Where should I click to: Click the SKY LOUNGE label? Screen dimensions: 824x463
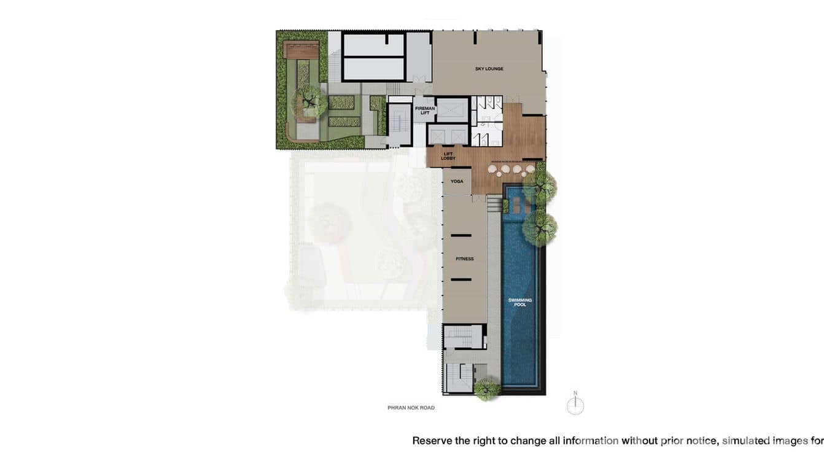coord(489,69)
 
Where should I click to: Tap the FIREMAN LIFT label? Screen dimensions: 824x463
coord(425,111)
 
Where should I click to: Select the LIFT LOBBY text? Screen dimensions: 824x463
coord(448,156)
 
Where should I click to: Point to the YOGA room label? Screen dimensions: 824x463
coord(457,181)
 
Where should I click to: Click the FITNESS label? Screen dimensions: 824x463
coord(465,259)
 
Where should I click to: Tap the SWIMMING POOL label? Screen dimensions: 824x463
coord(520,302)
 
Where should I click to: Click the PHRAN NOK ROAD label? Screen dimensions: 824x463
coord(411,408)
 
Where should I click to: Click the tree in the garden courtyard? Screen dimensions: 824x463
coord(309,101)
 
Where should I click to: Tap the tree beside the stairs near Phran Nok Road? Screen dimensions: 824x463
coord(487,389)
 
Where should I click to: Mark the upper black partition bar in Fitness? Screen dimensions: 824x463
coord(461,235)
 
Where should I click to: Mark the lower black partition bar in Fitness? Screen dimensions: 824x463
coord(461,280)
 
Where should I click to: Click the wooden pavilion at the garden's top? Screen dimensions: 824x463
coord(301,50)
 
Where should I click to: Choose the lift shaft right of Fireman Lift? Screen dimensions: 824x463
coord(452,110)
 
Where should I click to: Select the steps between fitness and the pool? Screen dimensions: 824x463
coord(494,204)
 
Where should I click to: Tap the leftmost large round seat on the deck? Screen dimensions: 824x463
coord(492,169)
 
